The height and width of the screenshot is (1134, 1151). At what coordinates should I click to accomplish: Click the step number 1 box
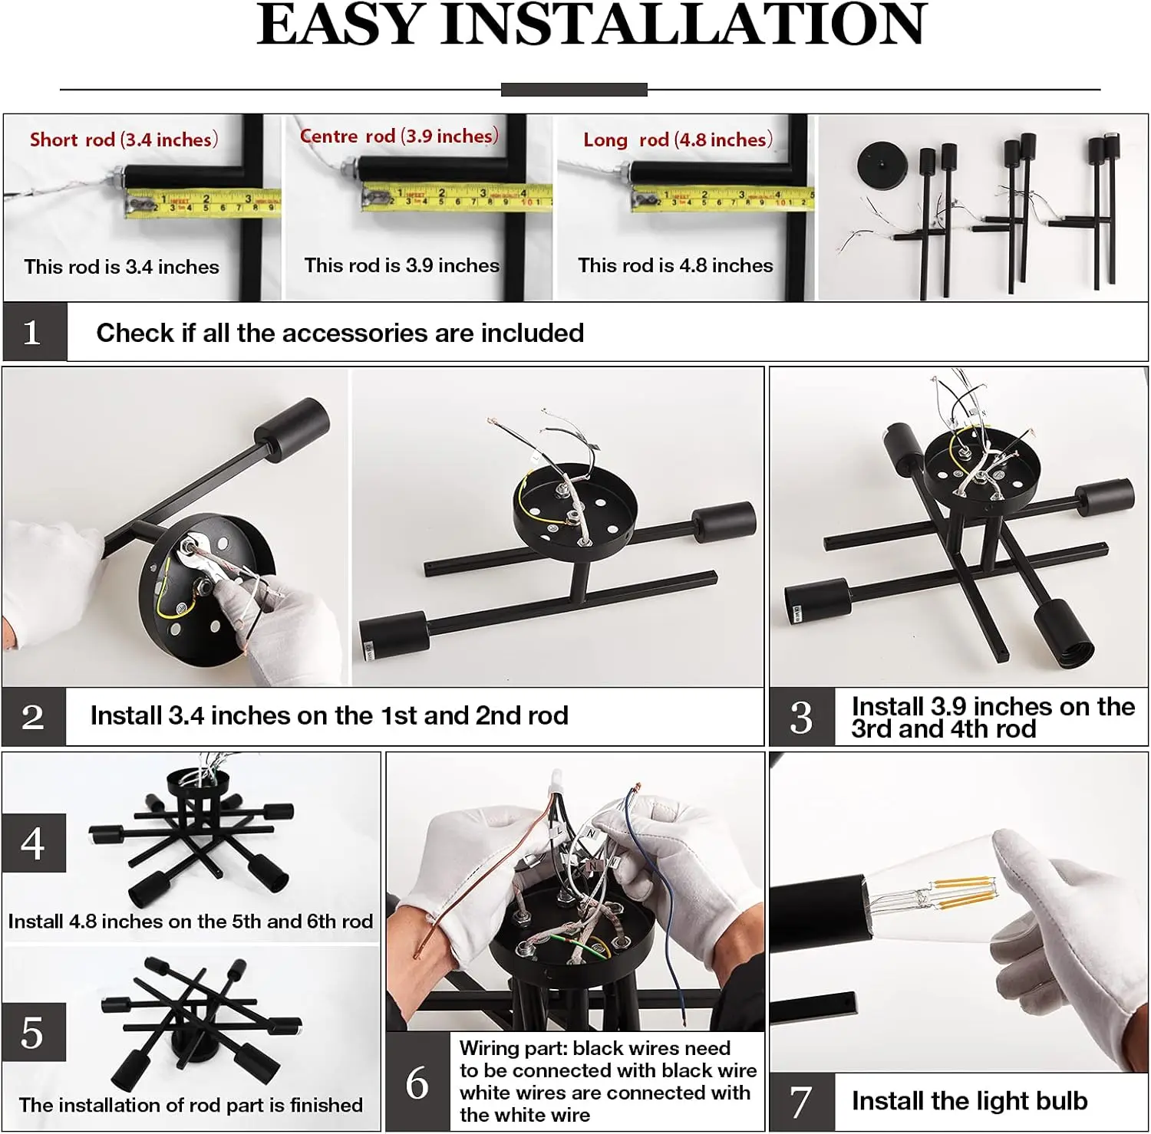point(35,332)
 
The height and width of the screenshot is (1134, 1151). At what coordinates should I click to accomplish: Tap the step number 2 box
point(34,717)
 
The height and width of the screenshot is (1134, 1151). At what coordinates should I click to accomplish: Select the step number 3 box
point(802,717)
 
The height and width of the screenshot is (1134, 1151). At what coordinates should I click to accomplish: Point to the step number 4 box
point(34,843)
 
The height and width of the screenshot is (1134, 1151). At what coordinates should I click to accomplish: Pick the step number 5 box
point(34,1032)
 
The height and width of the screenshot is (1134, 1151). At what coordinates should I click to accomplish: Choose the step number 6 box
point(417,1082)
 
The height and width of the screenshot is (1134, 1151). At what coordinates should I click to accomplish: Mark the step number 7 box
point(802,1102)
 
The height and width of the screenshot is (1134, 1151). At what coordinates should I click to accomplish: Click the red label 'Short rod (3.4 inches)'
point(124,140)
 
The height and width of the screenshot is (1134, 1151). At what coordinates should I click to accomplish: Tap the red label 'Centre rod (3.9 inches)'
point(399,136)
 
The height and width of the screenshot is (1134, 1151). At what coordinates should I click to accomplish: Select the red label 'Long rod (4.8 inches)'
point(678,140)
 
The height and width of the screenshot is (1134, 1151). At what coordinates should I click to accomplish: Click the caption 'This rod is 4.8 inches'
point(675,265)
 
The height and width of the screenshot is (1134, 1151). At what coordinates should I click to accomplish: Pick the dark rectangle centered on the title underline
point(574,90)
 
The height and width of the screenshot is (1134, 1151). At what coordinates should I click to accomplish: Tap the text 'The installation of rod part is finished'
point(191,1105)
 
